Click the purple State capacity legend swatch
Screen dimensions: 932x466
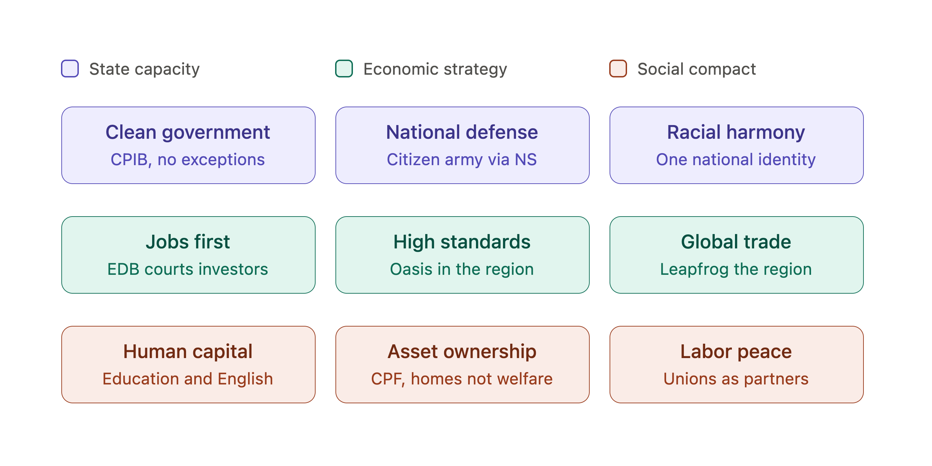coord(70,69)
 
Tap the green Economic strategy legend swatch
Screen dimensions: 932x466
coord(344,69)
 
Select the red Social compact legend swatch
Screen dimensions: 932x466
coord(618,69)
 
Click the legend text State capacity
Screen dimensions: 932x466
coord(144,69)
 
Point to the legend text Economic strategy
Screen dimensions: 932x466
coord(435,69)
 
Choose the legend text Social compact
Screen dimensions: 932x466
coord(697,69)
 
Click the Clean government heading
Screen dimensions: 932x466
coord(188,132)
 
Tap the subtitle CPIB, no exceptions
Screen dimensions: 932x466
coord(188,160)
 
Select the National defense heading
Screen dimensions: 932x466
coord(462,132)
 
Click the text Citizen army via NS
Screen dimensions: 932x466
coord(462,160)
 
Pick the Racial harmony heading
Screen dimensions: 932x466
coord(736,132)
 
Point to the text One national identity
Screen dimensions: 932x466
coord(736,160)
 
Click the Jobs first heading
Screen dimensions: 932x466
coord(188,242)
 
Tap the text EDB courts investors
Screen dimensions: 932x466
coord(188,269)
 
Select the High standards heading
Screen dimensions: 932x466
coord(462,242)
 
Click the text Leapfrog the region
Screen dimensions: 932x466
coord(736,270)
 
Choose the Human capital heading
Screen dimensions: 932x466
coord(188,352)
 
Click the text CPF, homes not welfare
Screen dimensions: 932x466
coord(462,379)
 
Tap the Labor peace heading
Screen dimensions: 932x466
coord(736,352)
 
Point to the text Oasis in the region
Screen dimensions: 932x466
coord(462,270)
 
